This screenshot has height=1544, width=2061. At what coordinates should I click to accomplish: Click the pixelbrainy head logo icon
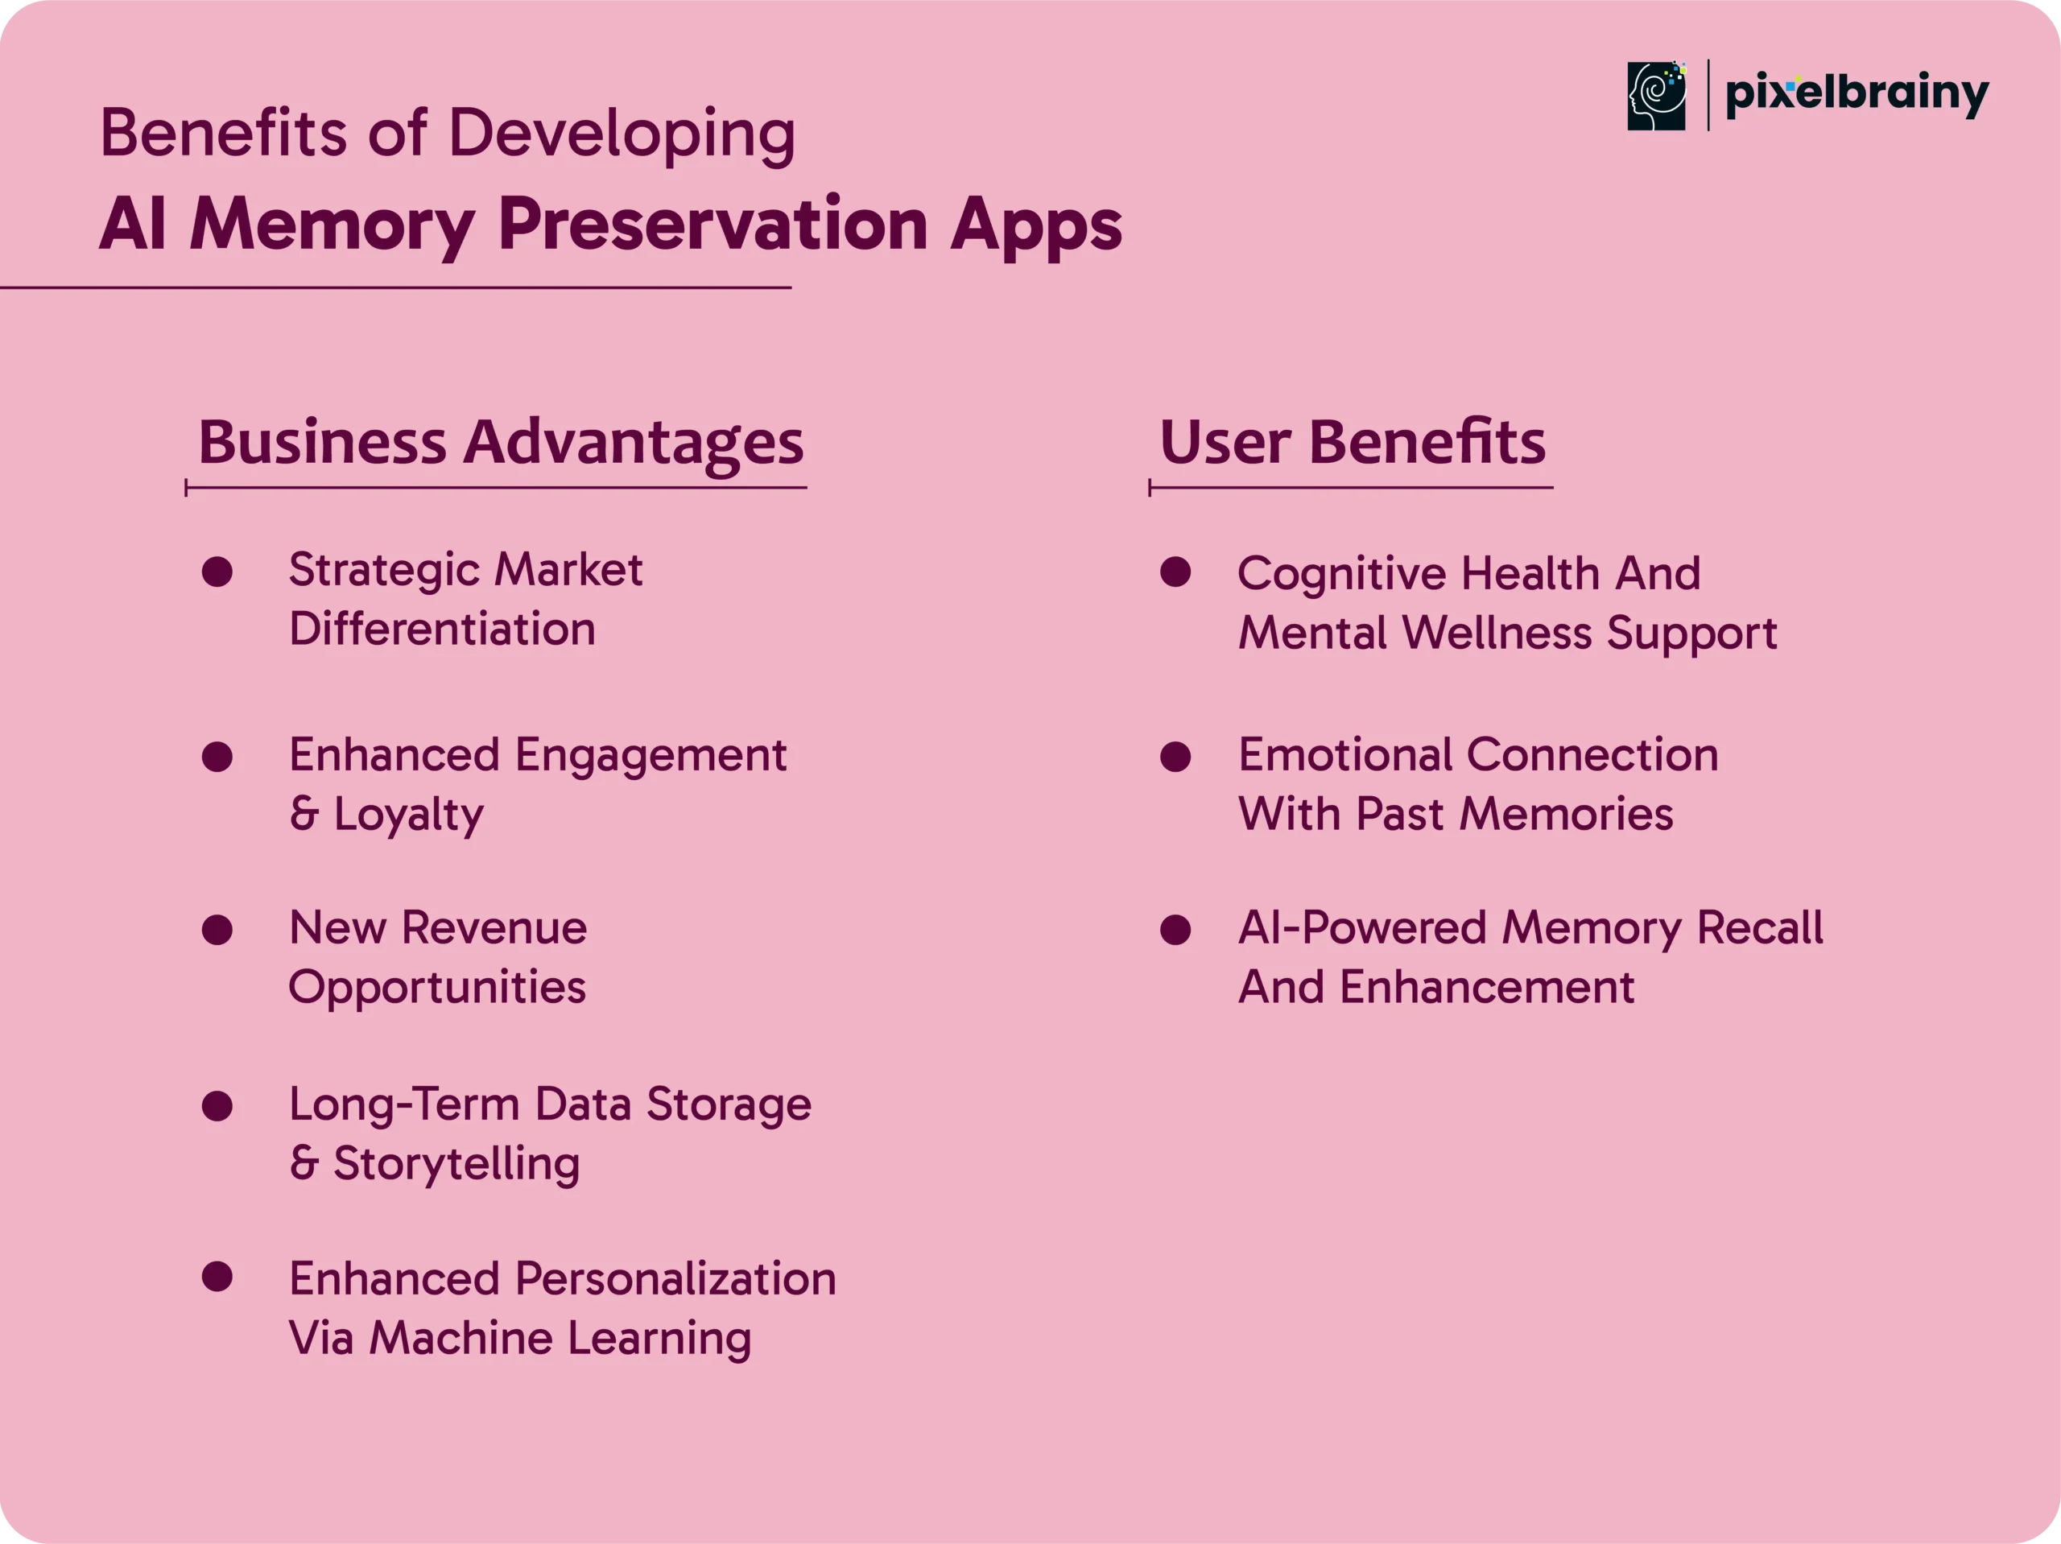pyautogui.click(x=1657, y=96)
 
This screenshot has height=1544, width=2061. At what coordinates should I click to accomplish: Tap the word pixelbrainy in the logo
pyautogui.click(x=1857, y=94)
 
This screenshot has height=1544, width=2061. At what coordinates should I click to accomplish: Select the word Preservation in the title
pyautogui.click(x=712, y=225)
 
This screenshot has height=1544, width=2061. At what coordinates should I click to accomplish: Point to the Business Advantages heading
pyautogui.click(x=500, y=444)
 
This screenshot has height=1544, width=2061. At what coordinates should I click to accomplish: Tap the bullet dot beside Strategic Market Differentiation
pyautogui.click(x=217, y=572)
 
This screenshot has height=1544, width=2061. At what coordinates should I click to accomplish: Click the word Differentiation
pyautogui.click(x=442, y=629)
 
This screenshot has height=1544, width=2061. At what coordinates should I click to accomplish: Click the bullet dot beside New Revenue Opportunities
pyautogui.click(x=217, y=930)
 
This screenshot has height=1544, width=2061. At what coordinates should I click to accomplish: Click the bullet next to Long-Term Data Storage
pyautogui.click(x=217, y=1106)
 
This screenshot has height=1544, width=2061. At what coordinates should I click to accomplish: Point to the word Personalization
pyautogui.click(x=675, y=1278)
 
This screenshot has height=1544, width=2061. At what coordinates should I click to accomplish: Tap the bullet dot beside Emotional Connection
pyautogui.click(x=1176, y=757)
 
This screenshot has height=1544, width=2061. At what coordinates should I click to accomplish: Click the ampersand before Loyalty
pyautogui.click(x=304, y=815)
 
